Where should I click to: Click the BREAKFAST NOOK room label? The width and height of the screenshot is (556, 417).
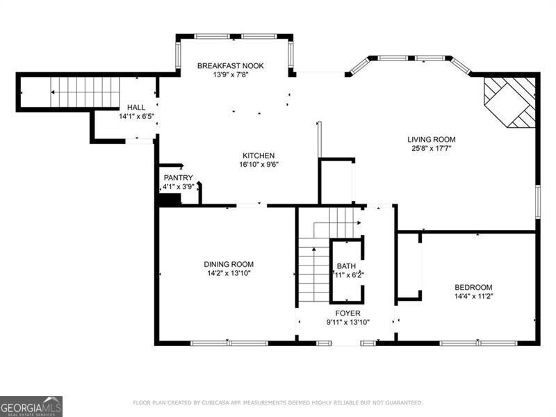[x=230, y=65]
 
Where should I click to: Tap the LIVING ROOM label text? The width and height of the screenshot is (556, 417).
[x=431, y=139]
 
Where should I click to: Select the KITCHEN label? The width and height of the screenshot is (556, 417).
[x=259, y=156]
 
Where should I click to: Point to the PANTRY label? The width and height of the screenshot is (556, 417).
[x=178, y=178]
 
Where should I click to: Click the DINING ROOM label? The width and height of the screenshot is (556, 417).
[x=228, y=264]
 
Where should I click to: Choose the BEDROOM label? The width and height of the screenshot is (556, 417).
[x=473, y=287]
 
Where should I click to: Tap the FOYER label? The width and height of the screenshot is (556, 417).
[x=347, y=313]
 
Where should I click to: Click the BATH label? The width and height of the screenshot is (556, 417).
[x=346, y=266]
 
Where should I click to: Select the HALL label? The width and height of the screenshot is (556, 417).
[x=136, y=108]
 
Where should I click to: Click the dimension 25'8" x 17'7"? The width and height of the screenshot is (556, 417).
[x=431, y=148]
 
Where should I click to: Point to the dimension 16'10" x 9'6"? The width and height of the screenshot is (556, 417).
[x=259, y=165]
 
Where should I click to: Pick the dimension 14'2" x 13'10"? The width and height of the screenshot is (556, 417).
[x=228, y=273]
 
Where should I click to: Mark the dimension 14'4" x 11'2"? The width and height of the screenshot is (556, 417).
[x=473, y=296]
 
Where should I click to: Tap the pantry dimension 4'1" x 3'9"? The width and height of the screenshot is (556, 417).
[x=178, y=187]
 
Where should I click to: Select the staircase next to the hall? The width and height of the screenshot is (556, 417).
[x=85, y=92]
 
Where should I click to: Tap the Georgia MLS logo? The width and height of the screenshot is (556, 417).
[x=31, y=406]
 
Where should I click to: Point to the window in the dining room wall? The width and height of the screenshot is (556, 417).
[x=229, y=343]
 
